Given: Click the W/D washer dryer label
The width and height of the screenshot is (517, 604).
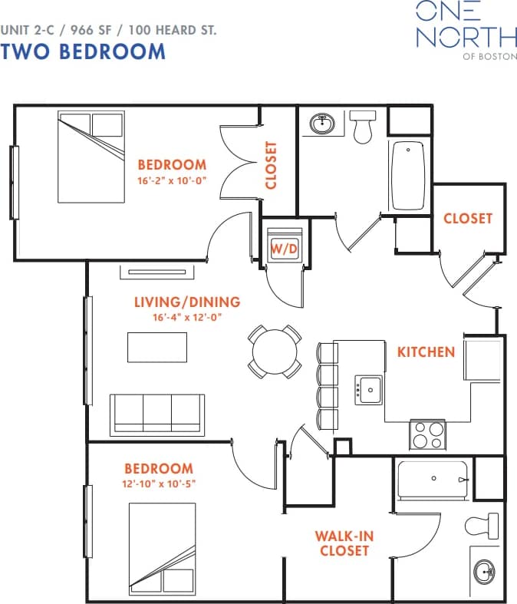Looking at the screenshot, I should coord(284,248).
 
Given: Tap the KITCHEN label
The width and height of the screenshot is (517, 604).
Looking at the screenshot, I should coord(426,352).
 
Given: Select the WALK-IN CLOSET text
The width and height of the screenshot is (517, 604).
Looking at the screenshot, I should coord(345,543).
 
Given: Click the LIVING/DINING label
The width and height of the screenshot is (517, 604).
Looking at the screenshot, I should coord(187,302).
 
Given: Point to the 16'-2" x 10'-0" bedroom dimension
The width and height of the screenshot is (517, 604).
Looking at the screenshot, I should coord(172,180).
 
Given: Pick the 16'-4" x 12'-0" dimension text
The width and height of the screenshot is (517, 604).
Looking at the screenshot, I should coord(187,317).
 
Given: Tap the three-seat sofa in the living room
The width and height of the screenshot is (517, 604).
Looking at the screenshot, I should coord(157,414).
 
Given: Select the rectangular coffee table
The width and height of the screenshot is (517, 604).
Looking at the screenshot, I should coord(157,347).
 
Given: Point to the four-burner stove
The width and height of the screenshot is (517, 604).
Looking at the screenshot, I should coord(428,435).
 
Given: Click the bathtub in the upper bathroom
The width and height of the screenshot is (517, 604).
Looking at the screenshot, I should coord(408,176).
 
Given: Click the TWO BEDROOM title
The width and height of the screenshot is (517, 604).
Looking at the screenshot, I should coord(83,51).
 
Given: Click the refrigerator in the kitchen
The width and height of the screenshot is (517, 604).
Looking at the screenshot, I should coord(482,358).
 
